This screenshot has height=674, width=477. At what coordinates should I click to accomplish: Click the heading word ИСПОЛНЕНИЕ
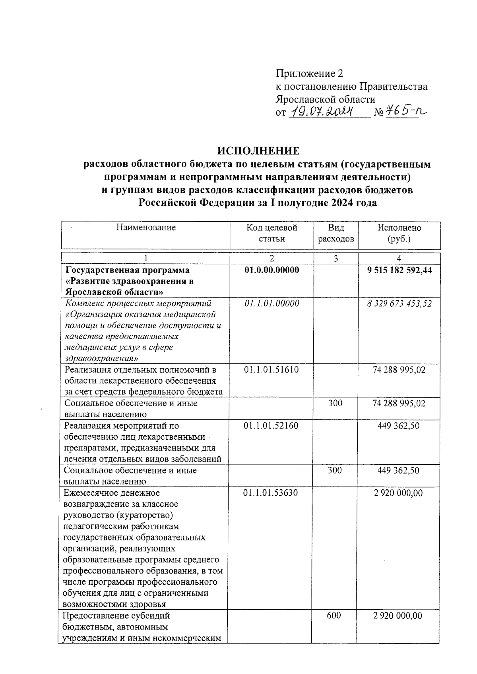click(x=258, y=151)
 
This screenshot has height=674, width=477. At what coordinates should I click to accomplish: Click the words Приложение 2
click(x=309, y=73)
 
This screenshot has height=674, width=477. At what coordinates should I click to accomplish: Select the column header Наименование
click(x=146, y=228)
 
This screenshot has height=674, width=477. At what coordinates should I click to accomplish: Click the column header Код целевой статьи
click(x=271, y=233)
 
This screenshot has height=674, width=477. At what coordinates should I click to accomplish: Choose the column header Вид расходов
click(x=336, y=233)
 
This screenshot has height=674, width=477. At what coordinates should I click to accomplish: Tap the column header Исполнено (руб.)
click(x=399, y=233)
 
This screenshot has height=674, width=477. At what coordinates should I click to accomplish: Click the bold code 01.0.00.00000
click(x=271, y=270)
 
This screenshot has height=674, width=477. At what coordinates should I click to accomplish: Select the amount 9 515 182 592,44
click(x=399, y=270)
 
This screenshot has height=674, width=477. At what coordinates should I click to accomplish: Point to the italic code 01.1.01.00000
click(x=271, y=303)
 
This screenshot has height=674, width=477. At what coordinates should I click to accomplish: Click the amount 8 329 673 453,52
click(x=399, y=303)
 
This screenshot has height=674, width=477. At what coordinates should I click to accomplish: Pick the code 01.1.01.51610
click(x=271, y=370)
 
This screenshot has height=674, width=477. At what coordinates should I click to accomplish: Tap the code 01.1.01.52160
click(x=271, y=426)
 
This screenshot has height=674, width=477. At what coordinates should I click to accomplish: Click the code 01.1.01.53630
click(x=271, y=493)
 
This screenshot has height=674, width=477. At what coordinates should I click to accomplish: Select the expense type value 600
click(x=334, y=616)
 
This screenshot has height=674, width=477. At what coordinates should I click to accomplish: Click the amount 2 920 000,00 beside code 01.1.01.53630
click(x=398, y=493)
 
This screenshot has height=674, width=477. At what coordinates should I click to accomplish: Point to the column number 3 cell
click(x=336, y=259)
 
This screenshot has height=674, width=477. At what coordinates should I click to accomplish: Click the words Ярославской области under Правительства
click(x=326, y=99)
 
